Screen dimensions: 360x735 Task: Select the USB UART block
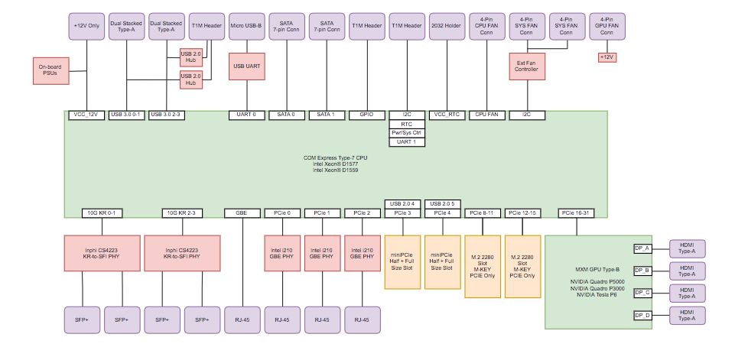click(x=247, y=66)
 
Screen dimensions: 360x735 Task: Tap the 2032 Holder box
click(x=447, y=25)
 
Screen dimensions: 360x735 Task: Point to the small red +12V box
click(x=607, y=57)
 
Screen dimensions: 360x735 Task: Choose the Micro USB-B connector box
click(x=246, y=25)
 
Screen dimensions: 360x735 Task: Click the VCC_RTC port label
click(x=447, y=115)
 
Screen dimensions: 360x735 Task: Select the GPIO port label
click(x=366, y=115)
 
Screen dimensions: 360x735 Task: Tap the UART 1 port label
click(x=406, y=141)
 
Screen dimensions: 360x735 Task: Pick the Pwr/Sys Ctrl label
click(x=406, y=132)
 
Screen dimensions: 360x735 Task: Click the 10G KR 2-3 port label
click(x=182, y=212)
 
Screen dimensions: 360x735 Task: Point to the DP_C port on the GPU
click(x=642, y=293)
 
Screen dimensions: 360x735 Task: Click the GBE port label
click(x=242, y=212)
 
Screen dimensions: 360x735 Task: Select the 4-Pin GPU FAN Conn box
click(x=607, y=26)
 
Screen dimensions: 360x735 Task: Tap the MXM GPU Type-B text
click(x=597, y=270)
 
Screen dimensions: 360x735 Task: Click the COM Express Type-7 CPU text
click(x=335, y=157)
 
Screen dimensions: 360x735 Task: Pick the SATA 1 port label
click(x=327, y=115)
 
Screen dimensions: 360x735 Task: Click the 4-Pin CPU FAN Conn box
click(x=486, y=26)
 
